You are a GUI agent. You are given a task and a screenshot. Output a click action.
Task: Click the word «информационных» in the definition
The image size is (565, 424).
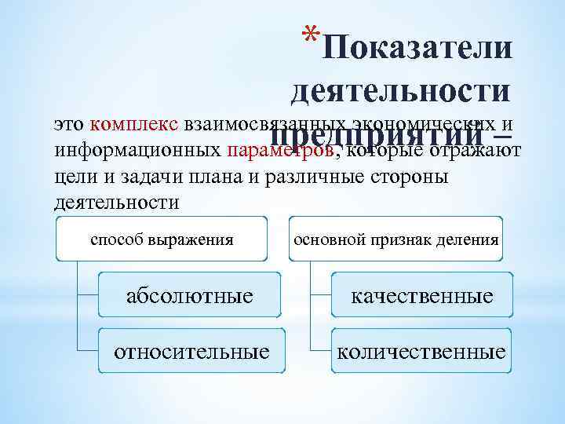137,150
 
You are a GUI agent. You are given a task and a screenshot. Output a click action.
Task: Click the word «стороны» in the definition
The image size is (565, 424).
415,176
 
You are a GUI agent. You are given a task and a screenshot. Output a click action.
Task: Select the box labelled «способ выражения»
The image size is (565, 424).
162,239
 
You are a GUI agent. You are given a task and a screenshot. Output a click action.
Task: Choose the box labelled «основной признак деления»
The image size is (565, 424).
395,239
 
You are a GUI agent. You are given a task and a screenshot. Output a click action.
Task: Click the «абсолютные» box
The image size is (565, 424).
191,296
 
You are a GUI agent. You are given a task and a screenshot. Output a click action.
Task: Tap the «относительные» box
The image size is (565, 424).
191,351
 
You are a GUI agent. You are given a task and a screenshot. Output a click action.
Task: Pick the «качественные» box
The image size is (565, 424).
421,296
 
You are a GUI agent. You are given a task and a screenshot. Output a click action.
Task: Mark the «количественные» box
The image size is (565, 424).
421,351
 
